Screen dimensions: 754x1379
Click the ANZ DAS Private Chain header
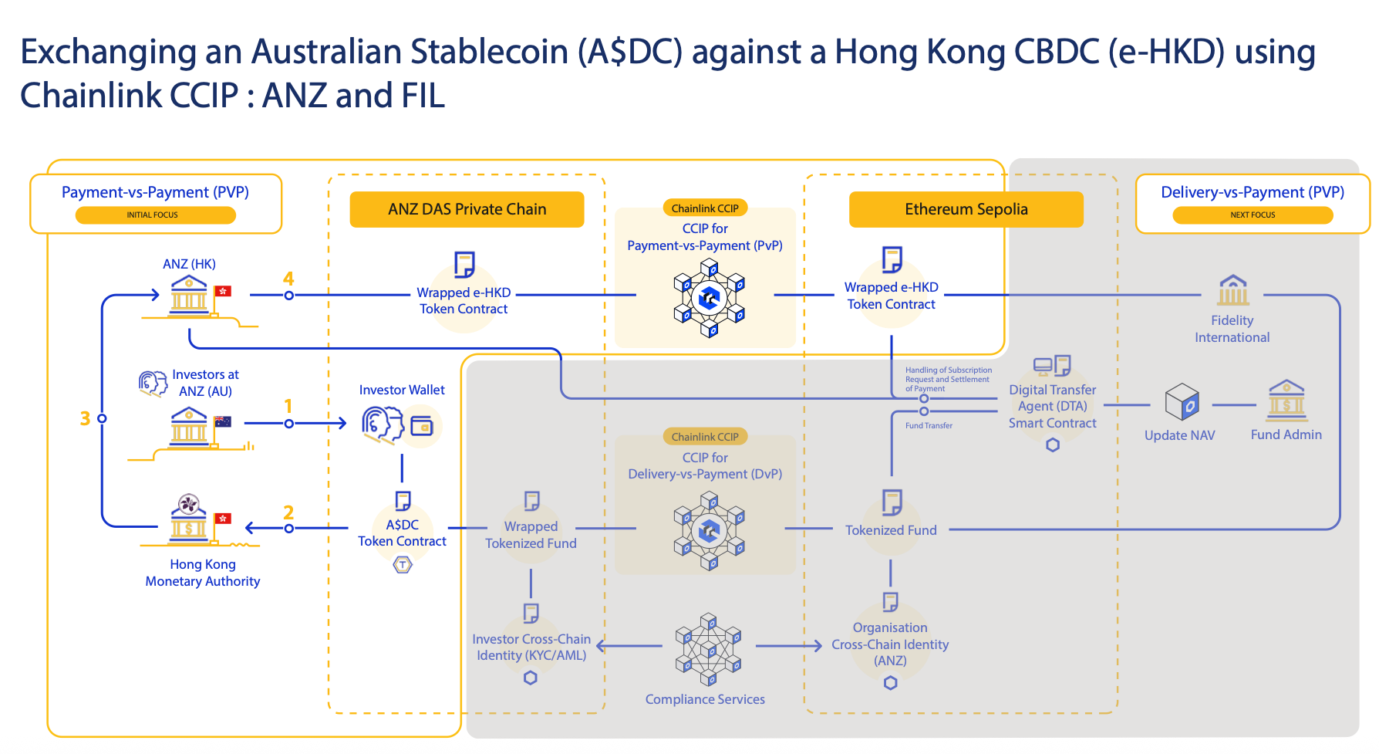pyautogui.click(x=467, y=209)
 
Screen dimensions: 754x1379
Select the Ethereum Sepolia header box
pyautogui.click(x=966, y=209)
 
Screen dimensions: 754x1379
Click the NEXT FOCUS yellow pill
pyautogui.click(x=1253, y=215)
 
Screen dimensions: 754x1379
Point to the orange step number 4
pyautogui.click(x=288, y=279)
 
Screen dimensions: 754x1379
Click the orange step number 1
pyautogui.click(x=288, y=406)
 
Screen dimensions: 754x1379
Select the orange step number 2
pyautogui.click(x=288, y=512)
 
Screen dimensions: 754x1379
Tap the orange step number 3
pyautogui.click(x=85, y=418)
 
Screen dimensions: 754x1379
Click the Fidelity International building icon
pyautogui.click(x=1233, y=290)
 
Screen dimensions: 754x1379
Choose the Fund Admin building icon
pyautogui.click(x=1286, y=400)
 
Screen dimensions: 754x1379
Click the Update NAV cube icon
pyautogui.click(x=1182, y=402)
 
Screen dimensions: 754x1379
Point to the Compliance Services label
pyautogui.click(x=705, y=699)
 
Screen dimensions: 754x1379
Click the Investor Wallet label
pyautogui.click(x=402, y=390)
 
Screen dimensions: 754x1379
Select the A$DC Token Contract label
pyautogui.click(x=402, y=533)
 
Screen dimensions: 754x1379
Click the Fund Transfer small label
pyautogui.click(x=929, y=425)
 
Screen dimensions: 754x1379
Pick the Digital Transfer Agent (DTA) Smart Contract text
pyautogui.click(x=1052, y=406)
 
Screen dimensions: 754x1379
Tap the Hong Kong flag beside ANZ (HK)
pyautogui.click(x=223, y=291)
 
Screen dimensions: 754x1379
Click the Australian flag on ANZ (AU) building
pyautogui.click(x=223, y=421)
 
